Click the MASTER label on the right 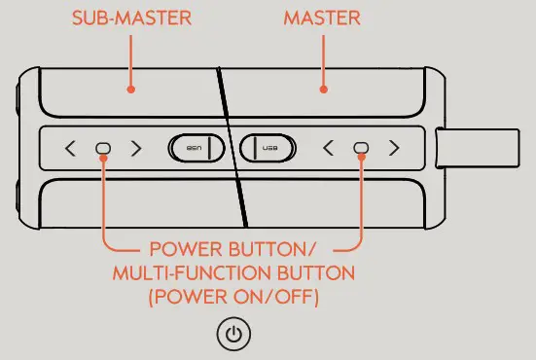pyautogui.click(x=323, y=18)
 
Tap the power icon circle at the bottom pyautogui.click(x=233, y=335)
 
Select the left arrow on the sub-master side pyautogui.click(x=70, y=149)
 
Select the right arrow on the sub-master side pyautogui.click(x=136, y=149)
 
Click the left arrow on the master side pyautogui.click(x=328, y=149)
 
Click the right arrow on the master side pyautogui.click(x=394, y=149)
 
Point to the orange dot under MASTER pyautogui.click(x=323, y=89)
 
